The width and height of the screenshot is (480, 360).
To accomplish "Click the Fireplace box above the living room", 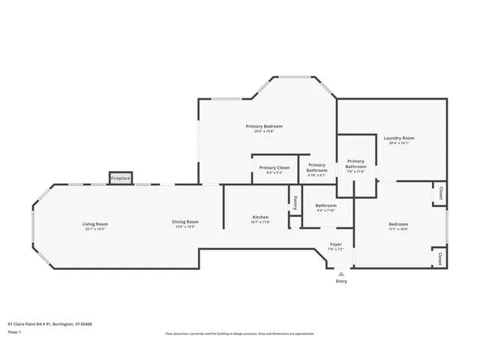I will click(121, 178).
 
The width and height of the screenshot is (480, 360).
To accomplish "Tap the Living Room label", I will click(95, 223).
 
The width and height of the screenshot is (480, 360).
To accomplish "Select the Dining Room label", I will click(185, 221).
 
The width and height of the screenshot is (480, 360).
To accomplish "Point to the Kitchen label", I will click(259, 217).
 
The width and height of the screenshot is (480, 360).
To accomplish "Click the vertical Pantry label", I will click(295, 202).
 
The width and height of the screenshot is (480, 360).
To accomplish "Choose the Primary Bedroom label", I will click(264, 126).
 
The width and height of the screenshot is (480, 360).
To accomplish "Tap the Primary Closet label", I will click(274, 167).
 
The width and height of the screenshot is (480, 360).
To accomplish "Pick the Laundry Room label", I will click(399, 138).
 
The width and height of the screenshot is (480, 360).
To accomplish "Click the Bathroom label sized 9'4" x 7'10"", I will click(325, 205).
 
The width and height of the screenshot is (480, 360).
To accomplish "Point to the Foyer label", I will click(336, 244).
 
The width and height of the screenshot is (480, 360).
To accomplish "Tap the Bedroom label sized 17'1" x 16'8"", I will click(398, 224).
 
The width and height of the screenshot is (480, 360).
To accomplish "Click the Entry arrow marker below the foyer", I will click(341, 274).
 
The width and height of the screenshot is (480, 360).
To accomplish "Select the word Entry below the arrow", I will click(341, 281).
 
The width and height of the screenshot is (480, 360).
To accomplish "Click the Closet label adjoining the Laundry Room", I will click(440, 193).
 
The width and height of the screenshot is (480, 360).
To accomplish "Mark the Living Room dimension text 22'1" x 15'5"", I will click(95, 228).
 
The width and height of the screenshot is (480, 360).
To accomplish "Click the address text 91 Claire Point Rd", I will click(49, 325).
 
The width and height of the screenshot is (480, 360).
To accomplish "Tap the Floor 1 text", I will click(14, 331).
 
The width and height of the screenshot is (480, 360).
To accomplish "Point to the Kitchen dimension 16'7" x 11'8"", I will click(259, 222).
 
